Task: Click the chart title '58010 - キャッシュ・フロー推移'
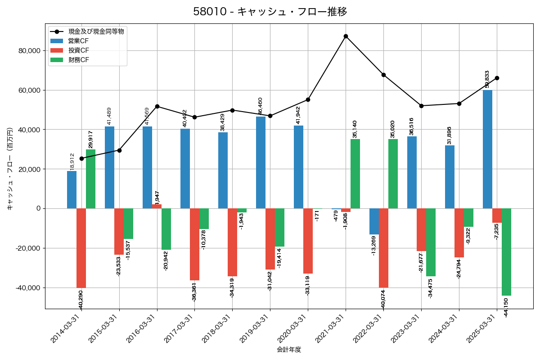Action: pos(270,12)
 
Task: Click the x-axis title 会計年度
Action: pos(289,350)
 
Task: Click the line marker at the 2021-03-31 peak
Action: pos(346,36)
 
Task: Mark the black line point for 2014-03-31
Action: pos(81,158)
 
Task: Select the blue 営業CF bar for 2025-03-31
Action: pos(487,148)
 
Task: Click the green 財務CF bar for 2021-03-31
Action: pos(355,174)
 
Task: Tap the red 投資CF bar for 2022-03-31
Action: pos(383,247)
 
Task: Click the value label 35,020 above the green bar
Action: pos(393,129)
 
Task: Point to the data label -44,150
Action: pos(506,307)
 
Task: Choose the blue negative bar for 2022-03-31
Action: pos(374,221)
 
